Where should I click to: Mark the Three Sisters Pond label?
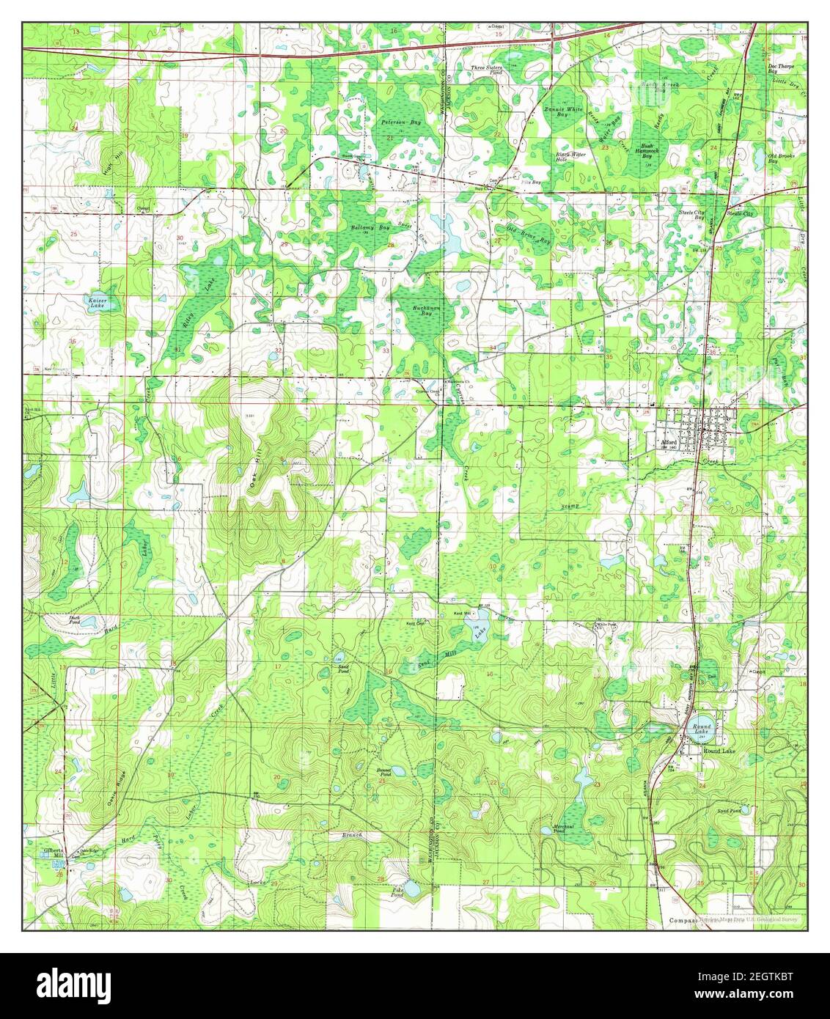(486, 70)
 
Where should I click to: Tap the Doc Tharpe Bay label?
(781, 69)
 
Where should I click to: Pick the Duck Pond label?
(74, 619)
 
